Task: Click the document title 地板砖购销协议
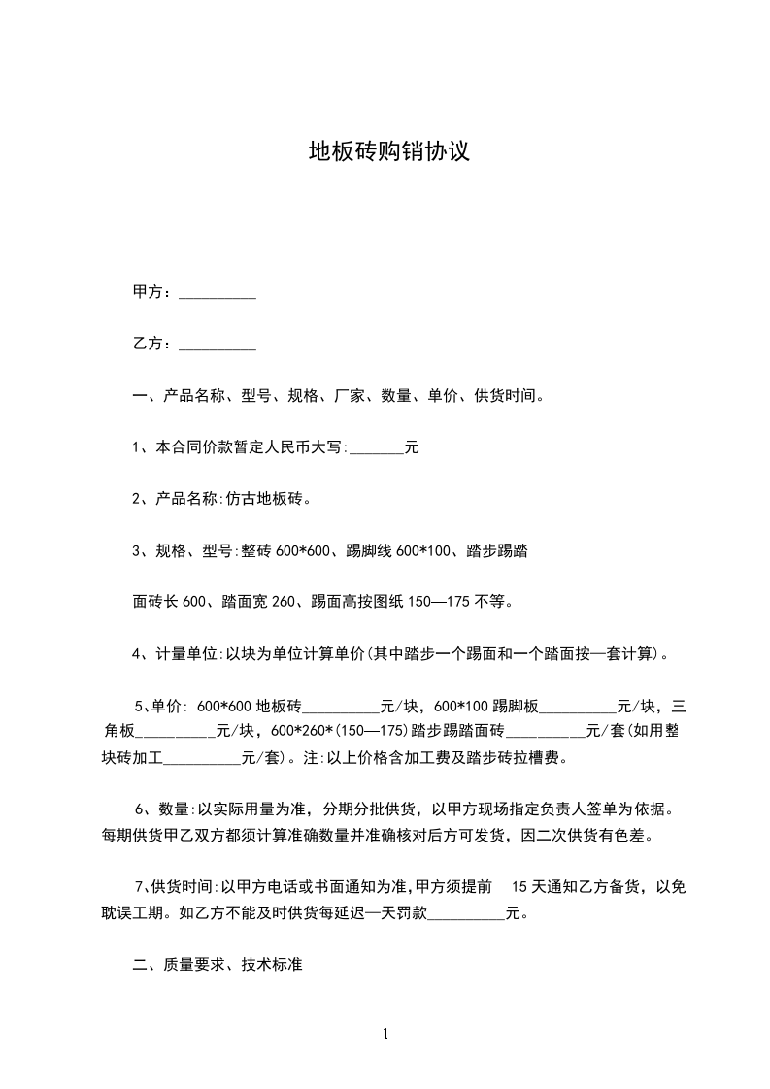(388, 151)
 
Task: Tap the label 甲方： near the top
(152, 292)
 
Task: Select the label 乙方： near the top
(152, 344)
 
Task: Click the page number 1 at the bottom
(385, 1034)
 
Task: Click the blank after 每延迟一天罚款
(466, 914)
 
